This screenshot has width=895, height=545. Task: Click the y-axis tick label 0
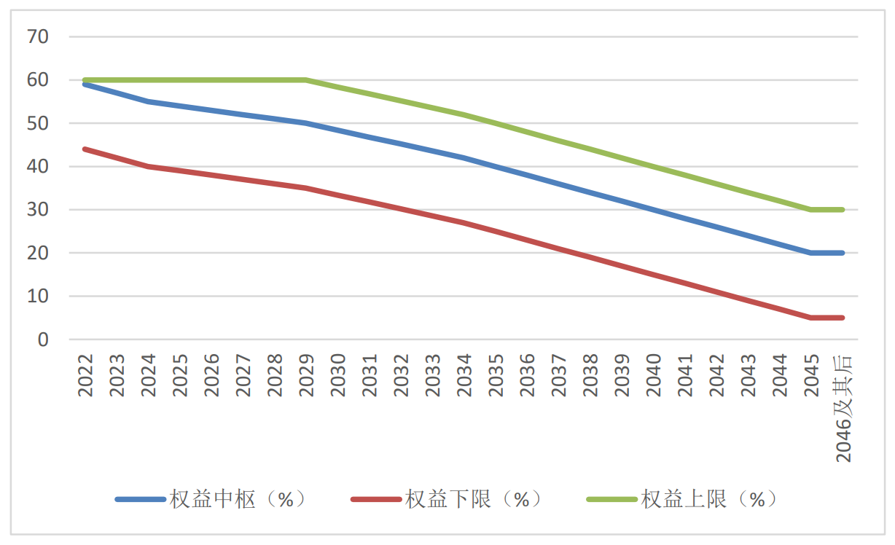(x=43, y=340)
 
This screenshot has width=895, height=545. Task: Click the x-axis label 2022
(x=86, y=375)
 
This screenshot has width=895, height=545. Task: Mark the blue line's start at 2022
(x=86, y=85)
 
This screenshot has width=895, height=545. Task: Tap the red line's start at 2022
(x=86, y=149)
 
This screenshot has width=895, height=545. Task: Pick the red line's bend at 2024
(x=149, y=166)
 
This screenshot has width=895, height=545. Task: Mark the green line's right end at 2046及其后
(x=843, y=210)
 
